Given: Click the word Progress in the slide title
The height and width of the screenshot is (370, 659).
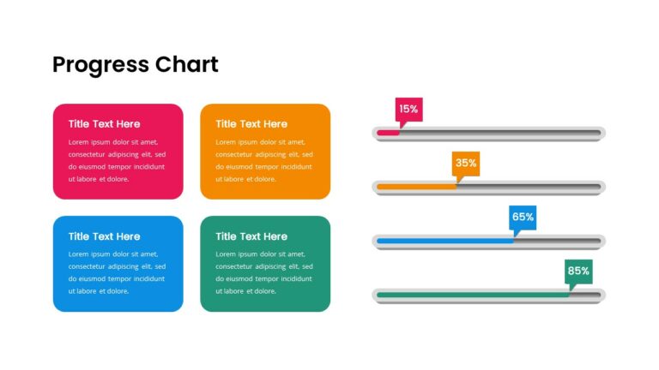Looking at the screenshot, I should (100, 65).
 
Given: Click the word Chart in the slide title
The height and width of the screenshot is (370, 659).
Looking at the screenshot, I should (187, 64).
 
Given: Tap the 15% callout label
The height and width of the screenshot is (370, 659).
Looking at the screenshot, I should (408, 109).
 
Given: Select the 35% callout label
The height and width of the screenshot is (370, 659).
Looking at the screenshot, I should (466, 163).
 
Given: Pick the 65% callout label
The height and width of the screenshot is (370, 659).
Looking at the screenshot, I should (523, 217).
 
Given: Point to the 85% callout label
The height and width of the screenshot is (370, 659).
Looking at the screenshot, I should (578, 271).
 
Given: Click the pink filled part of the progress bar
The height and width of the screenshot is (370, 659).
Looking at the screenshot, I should (388, 133).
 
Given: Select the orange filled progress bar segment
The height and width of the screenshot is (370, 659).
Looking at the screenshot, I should (416, 187).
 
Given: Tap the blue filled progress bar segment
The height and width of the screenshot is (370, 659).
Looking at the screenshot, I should (444, 241).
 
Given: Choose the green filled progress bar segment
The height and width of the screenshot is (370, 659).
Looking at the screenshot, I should (472, 295).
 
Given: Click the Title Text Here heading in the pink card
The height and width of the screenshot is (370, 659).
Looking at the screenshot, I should (104, 124).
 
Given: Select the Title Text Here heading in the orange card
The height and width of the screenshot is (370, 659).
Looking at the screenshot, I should (251, 124).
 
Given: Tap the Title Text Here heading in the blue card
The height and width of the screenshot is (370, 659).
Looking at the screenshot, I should (104, 236).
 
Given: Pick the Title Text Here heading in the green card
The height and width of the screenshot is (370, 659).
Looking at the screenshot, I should (251, 236).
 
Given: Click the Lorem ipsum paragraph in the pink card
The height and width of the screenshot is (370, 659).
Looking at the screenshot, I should (117, 160).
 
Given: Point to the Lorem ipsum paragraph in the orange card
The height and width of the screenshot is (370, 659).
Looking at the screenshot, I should (264, 160).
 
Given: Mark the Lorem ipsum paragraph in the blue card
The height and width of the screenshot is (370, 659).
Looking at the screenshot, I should (117, 272).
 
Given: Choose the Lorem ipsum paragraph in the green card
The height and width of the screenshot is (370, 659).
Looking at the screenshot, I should (264, 272).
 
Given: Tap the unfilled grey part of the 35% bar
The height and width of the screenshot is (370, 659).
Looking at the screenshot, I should (528, 187).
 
